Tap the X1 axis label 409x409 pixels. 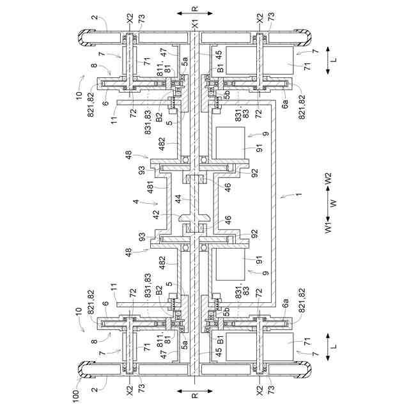(x=196, y=23)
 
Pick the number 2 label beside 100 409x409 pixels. (x=94, y=389)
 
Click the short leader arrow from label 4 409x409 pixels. (x=146, y=204)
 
